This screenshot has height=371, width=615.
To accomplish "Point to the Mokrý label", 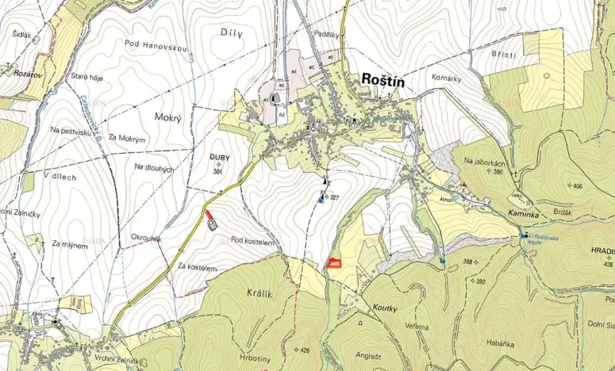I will pyautogui.click(x=169, y=117).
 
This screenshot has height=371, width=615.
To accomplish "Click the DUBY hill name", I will pyautogui.click(x=220, y=157).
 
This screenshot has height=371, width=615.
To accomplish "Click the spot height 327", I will pyautogui.click(x=334, y=197).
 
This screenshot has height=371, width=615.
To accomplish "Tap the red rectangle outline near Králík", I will pyautogui.click(x=334, y=263).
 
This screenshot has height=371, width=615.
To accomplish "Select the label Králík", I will pyautogui.click(x=259, y=294).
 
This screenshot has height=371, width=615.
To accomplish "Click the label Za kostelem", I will pyautogui.click(x=197, y=268).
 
